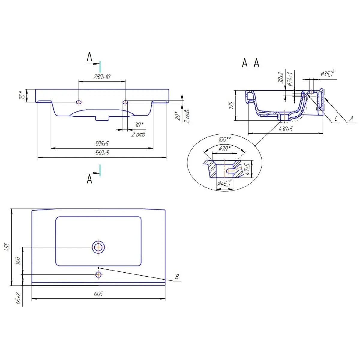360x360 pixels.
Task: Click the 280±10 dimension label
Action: coord(102,77)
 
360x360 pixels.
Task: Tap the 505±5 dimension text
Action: coord(102,144)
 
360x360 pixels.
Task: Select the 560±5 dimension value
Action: coord(102,153)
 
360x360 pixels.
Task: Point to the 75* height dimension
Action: coord(22,95)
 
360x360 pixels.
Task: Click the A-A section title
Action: coord(250,63)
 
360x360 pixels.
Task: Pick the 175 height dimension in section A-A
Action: coord(231,105)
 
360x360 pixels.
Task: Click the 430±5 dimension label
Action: coord(286,129)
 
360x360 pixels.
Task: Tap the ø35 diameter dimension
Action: coord(328,73)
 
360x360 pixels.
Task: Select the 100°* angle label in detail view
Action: coord(225,139)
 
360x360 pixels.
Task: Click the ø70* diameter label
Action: coord(224,149)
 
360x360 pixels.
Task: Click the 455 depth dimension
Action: coord(7,247)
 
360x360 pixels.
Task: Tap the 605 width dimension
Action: coord(98,294)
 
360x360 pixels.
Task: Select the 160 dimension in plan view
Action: coord(18,261)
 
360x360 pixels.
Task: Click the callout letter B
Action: coord(177,277)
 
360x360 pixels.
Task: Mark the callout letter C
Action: coord(336,118)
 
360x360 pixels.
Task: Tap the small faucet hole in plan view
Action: coord(98,274)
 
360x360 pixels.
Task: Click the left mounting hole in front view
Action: coord(79,102)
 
